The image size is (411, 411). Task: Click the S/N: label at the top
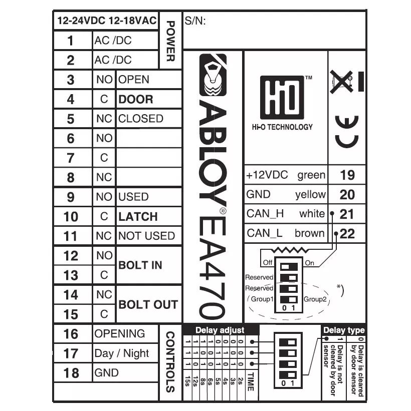click(195, 21)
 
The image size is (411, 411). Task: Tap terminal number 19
click(347, 175)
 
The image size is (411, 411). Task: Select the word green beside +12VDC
click(311, 175)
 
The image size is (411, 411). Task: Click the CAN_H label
click(265, 214)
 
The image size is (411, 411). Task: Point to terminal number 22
click(347, 234)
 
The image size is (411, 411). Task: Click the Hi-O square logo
click(282, 98)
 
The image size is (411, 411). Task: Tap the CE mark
click(347, 132)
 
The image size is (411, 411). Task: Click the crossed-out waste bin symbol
click(341, 82)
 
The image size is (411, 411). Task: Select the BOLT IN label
click(140, 265)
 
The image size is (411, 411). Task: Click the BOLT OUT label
click(148, 304)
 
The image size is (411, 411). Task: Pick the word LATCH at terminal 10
click(138, 217)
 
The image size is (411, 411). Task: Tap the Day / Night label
click(121, 353)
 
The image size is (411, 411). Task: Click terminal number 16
click(71, 334)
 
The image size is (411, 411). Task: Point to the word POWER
click(170, 41)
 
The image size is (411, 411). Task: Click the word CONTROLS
click(170, 362)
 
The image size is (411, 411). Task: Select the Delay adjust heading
click(220, 330)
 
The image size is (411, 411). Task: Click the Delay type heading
click(344, 330)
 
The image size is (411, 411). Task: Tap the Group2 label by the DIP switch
click(315, 299)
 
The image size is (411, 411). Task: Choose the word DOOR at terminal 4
click(136, 99)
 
